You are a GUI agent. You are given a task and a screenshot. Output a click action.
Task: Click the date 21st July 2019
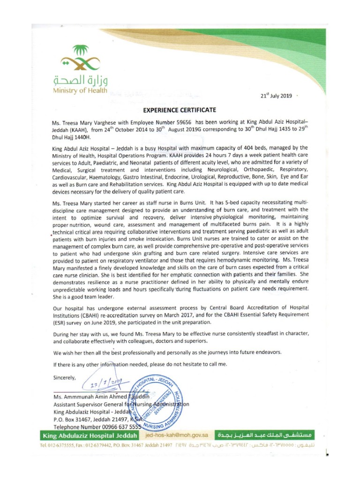276,96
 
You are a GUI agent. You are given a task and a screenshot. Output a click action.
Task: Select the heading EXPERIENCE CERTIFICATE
180,110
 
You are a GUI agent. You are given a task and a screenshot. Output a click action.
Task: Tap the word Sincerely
66,376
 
